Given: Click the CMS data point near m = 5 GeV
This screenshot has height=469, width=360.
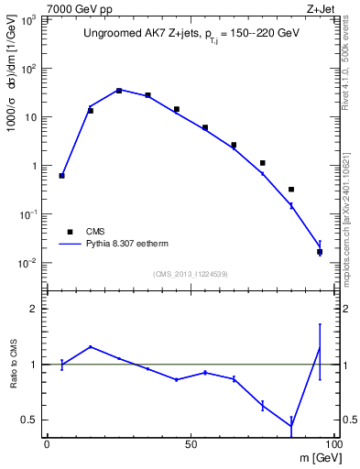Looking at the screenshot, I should (61, 175).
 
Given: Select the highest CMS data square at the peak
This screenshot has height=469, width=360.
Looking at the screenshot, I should (119, 91).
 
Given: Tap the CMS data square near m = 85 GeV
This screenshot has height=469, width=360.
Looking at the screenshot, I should (291, 190).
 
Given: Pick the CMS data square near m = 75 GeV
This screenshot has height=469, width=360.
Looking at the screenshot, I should (263, 163).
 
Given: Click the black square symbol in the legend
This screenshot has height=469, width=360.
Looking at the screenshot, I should (70, 232).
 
